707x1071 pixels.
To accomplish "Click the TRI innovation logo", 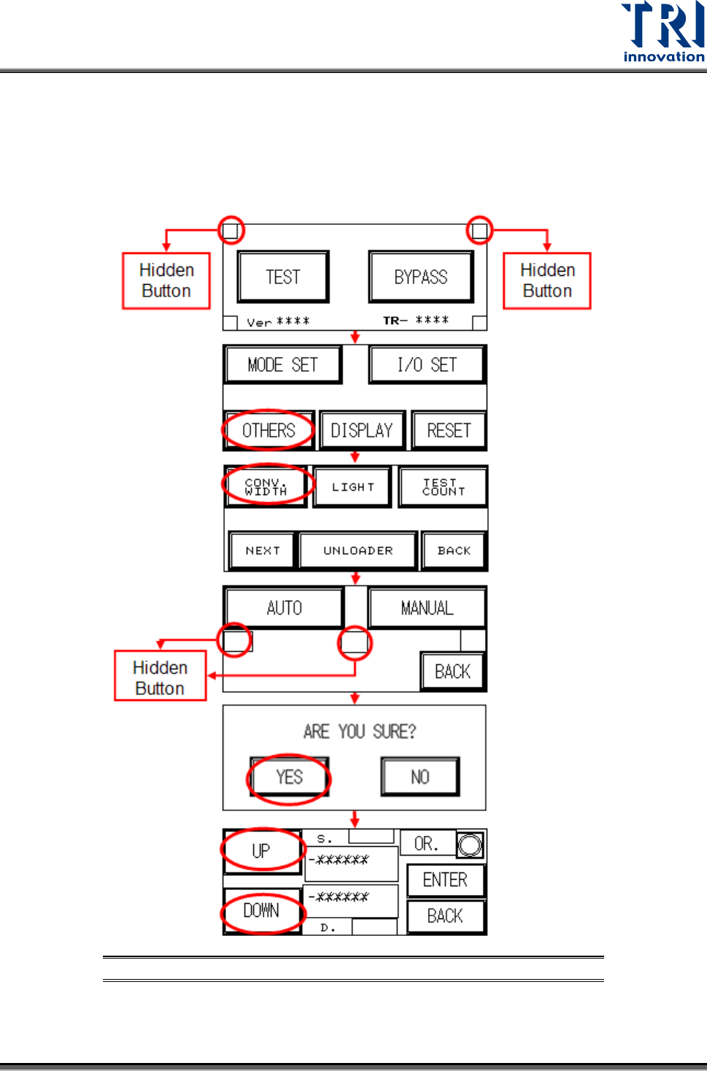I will (x=662, y=32).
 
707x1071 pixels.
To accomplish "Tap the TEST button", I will (x=283, y=277).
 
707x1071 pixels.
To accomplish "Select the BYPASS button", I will (x=421, y=277).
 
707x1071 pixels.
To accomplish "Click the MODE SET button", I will (x=282, y=364).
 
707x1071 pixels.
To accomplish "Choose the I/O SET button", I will (x=427, y=364).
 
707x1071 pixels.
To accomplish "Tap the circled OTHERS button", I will (x=268, y=430).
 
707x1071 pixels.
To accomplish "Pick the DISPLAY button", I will (x=362, y=430).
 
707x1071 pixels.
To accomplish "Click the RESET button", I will (x=449, y=430).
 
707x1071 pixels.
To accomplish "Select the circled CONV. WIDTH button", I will (x=266, y=486).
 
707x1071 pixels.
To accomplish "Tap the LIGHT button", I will (x=352, y=486).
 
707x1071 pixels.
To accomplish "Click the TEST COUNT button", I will (x=443, y=486).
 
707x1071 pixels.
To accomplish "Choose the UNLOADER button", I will (x=358, y=550).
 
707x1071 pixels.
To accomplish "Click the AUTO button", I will (x=284, y=607).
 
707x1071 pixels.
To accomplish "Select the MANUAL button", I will (x=427, y=607).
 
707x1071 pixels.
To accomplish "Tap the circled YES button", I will (x=289, y=777).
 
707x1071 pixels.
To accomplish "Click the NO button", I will (x=420, y=777).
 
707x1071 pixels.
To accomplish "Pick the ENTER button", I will (x=445, y=880).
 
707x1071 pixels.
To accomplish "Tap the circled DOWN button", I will (x=261, y=910).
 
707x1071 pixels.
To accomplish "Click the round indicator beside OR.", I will (x=470, y=845).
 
